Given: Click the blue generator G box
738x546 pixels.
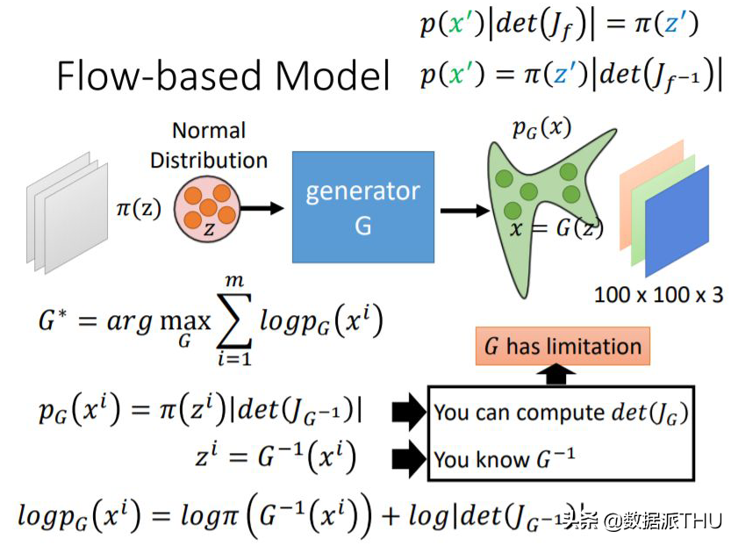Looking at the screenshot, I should (362, 207).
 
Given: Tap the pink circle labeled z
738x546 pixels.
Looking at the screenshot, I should (206, 209).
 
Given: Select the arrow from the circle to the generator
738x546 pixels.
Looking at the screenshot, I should (262, 209).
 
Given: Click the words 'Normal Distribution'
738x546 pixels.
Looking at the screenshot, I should (209, 146).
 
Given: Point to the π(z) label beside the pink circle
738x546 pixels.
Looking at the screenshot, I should (139, 210).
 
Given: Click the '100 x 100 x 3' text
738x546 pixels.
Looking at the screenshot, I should (658, 294).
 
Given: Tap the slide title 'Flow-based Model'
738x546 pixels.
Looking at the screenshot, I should (223, 76).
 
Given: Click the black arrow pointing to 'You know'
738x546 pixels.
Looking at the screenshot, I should (405, 458).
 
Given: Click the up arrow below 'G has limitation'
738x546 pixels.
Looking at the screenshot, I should (561, 375).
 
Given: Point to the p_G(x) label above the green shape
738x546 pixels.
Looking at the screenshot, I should (541, 128).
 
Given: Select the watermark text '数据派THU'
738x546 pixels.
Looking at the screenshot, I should (671, 520).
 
